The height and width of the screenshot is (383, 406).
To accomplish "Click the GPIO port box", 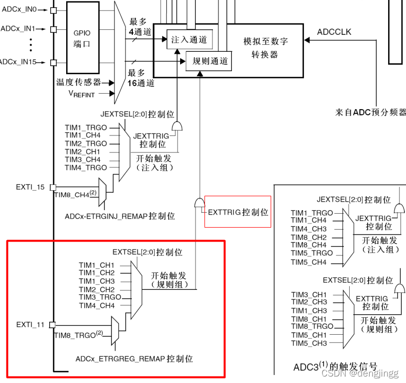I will [82, 38].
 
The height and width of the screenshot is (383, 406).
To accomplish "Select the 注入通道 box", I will [189, 40].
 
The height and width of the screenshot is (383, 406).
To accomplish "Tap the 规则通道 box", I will [210, 61].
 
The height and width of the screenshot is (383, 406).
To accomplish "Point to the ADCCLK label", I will [334, 32].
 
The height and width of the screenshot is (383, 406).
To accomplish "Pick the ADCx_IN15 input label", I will [18, 62].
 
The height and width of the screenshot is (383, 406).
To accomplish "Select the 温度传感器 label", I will [78, 82].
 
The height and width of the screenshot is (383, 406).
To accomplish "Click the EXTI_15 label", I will [30, 187].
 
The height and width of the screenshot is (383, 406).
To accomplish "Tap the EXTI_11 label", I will [30, 325].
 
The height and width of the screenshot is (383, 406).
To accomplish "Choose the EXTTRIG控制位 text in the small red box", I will [238, 212].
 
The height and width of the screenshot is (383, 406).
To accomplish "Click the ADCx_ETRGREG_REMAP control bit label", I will [134, 359].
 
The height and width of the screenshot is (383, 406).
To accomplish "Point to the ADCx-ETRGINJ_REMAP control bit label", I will [120, 217].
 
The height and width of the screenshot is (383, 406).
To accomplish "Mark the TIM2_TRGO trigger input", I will [86, 143].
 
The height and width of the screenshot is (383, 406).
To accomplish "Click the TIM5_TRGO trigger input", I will [312, 254].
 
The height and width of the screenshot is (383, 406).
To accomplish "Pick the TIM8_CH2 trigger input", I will [309, 237].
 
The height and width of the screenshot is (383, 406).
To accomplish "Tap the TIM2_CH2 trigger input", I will [97, 289].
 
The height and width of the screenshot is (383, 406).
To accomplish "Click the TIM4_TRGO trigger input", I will [86, 168].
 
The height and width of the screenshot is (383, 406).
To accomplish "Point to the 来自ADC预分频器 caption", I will [371, 113].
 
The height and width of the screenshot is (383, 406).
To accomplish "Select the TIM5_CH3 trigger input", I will [309, 343].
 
